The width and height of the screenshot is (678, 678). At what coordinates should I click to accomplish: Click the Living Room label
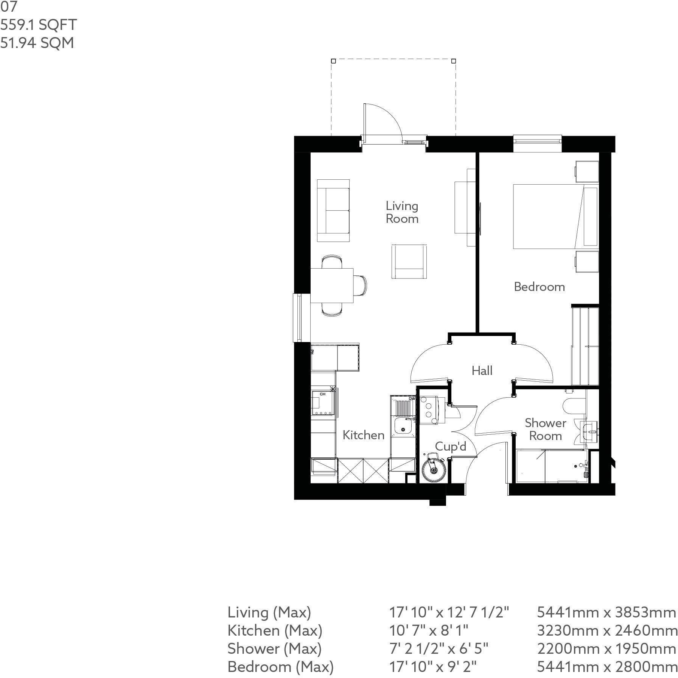(x=402, y=212)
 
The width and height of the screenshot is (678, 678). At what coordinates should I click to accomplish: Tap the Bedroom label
(x=539, y=287)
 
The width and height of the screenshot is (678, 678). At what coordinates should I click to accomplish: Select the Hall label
(x=482, y=370)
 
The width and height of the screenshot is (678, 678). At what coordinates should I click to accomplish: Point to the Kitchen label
(x=364, y=435)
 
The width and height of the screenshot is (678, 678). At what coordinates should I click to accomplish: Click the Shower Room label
(x=545, y=429)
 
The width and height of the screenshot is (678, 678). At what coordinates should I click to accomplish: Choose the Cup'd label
(x=451, y=446)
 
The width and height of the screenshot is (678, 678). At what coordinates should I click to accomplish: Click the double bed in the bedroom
(x=555, y=216)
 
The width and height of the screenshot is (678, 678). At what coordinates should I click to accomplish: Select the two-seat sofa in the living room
(x=333, y=210)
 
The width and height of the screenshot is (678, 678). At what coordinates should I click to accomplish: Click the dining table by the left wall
(x=332, y=286)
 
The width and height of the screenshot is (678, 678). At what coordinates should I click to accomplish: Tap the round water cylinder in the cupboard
(x=434, y=468)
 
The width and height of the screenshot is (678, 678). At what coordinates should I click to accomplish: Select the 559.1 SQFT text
(x=39, y=25)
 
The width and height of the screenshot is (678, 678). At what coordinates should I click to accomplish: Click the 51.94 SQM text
(x=37, y=43)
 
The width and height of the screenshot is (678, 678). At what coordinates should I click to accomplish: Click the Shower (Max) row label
(x=274, y=648)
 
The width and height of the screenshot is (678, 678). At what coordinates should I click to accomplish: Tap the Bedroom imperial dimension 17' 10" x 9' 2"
(x=433, y=666)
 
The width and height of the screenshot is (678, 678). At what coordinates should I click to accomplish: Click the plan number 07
(x=8, y=6)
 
